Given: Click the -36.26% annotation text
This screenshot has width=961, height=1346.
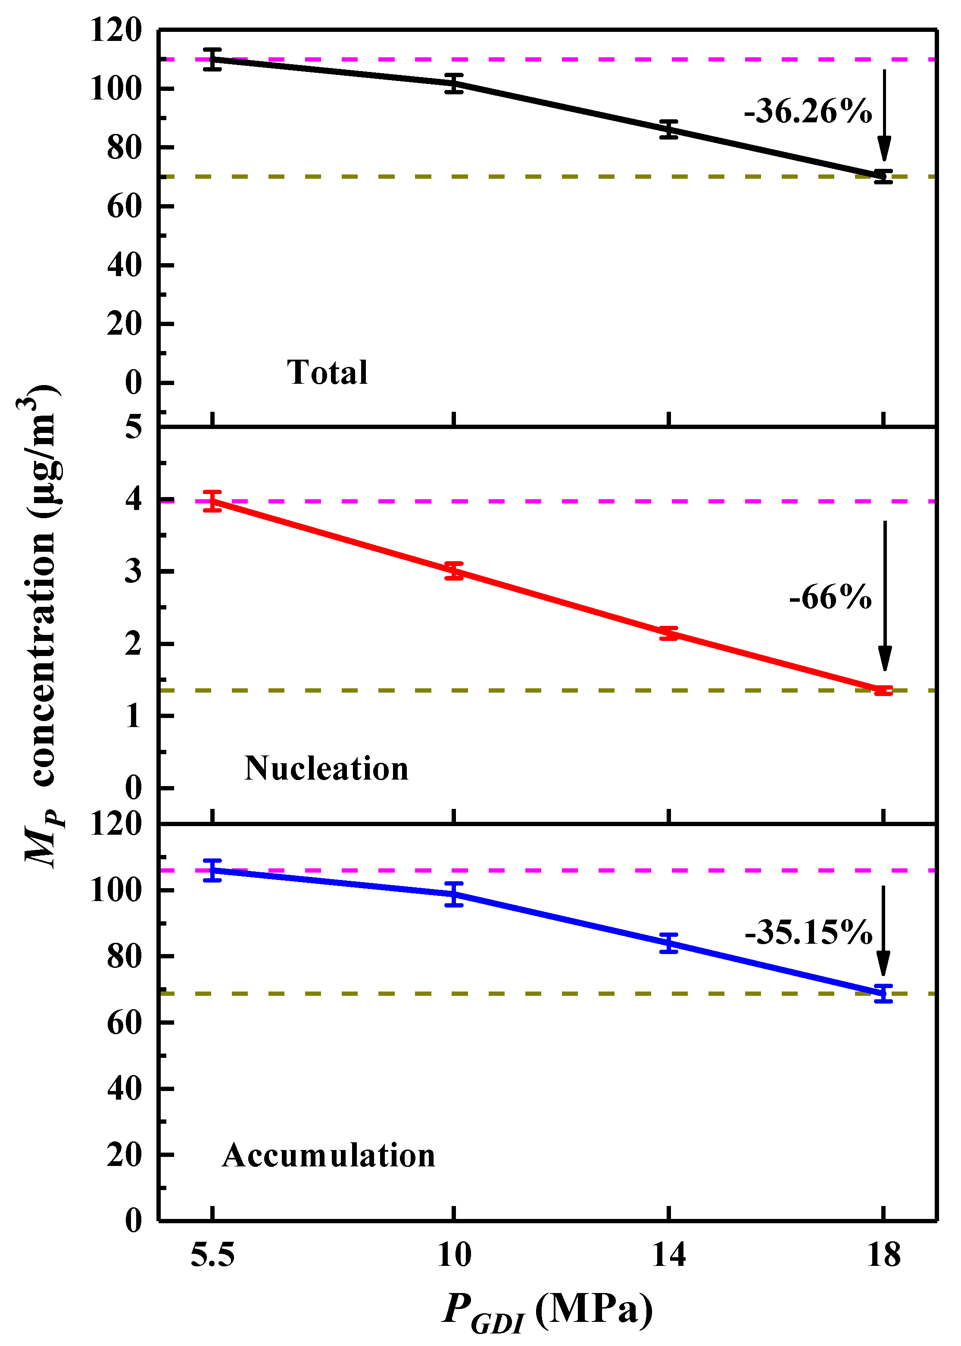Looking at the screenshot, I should pyautogui.click(x=808, y=111).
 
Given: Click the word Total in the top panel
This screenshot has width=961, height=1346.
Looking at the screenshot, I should pyautogui.click(x=327, y=373).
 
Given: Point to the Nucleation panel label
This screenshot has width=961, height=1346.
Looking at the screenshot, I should pyautogui.click(x=326, y=768).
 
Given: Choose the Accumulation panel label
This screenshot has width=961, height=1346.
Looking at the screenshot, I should pyautogui.click(x=328, y=1156).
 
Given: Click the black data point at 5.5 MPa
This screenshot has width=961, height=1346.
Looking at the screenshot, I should pyautogui.click(x=212, y=59).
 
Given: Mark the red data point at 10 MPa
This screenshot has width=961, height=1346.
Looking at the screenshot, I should pyautogui.click(x=454, y=571).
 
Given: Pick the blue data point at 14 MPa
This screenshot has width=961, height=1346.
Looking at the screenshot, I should pyautogui.click(x=669, y=943).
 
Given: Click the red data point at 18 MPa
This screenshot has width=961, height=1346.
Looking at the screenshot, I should pyautogui.click(x=883, y=690).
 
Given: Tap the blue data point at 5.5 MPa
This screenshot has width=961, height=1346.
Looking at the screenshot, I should pyautogui.click(x=212, y=870).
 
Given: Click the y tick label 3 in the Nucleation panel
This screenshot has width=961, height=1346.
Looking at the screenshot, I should pyautogui.click(x=133, y=571).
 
